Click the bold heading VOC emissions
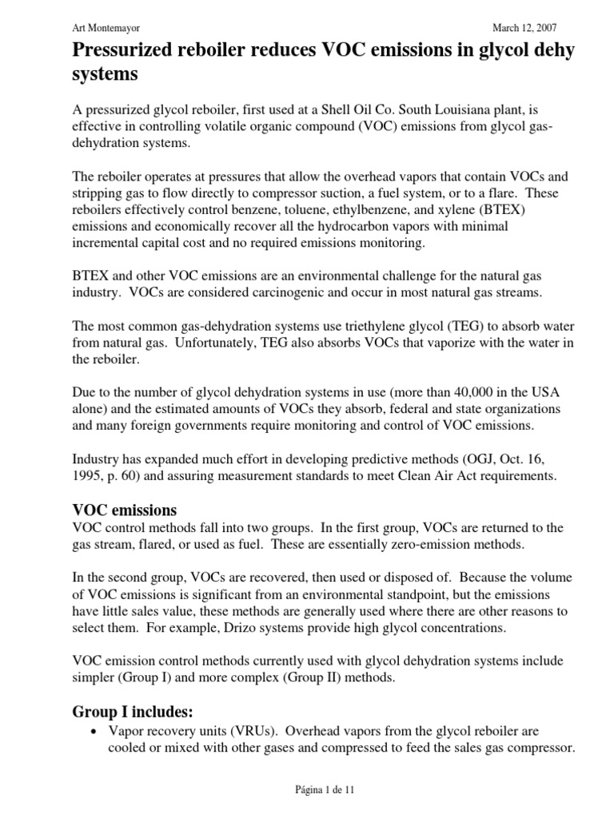pos(125,510)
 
